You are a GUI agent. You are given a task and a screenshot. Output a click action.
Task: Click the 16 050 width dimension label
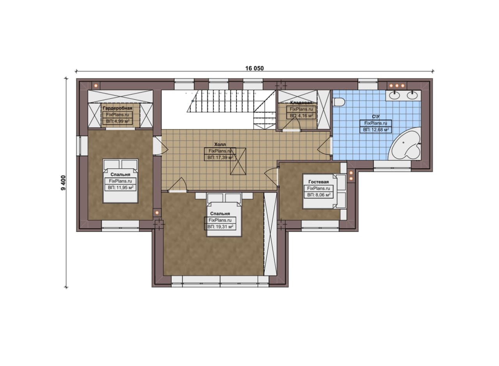pyautogui.click(x=255, y=68)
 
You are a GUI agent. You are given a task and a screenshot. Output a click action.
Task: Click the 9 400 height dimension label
pyautogui.click(x=63, y=183)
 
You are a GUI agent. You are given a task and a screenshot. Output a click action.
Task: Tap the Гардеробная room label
pyautogui.click(x=117, y=108)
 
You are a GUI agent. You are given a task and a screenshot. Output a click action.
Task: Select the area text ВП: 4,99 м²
pyautogui.click(x=118, y=121)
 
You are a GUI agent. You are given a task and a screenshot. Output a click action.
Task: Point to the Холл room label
pyautogui.click(x=220, y=144)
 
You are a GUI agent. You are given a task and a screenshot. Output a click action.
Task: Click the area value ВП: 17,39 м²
pyautogui.click(x=220, y=157)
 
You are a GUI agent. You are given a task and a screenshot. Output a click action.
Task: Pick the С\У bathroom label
pyautogui.click(x=375, y=117)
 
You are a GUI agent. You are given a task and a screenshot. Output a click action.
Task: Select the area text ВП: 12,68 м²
pyautogui.click(x=376, y=129)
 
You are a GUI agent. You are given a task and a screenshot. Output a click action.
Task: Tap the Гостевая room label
pyautogui.click(x=319, y=182)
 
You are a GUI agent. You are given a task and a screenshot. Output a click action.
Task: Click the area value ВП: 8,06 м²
pyautogui.click(x=319, y=195)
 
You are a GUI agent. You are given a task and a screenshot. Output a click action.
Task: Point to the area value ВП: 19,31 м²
pyautogui.click(x=220, y=226)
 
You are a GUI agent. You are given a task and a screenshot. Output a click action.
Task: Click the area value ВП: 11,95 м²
pyautogui.click(x=120, y=187)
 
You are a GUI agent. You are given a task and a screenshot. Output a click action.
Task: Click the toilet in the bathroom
pyautogui.click(x=339, y=102)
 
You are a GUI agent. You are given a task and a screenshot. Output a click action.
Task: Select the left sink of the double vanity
pyautogui.click(x=394, y=95)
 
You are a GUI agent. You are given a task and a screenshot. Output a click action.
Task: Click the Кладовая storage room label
pyautogui.click(x=301, y=103)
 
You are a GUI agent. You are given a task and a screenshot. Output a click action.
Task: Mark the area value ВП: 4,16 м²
pyautogui.click(x=301, y=116)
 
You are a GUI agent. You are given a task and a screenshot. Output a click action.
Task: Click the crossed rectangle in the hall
pyautogui.click(x=238, y=161)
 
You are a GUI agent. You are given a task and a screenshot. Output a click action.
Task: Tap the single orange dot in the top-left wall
pyautogui.click(x=96, y=85)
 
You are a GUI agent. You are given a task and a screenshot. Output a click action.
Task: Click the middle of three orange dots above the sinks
pyautogui.click(x=397, y=85)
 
